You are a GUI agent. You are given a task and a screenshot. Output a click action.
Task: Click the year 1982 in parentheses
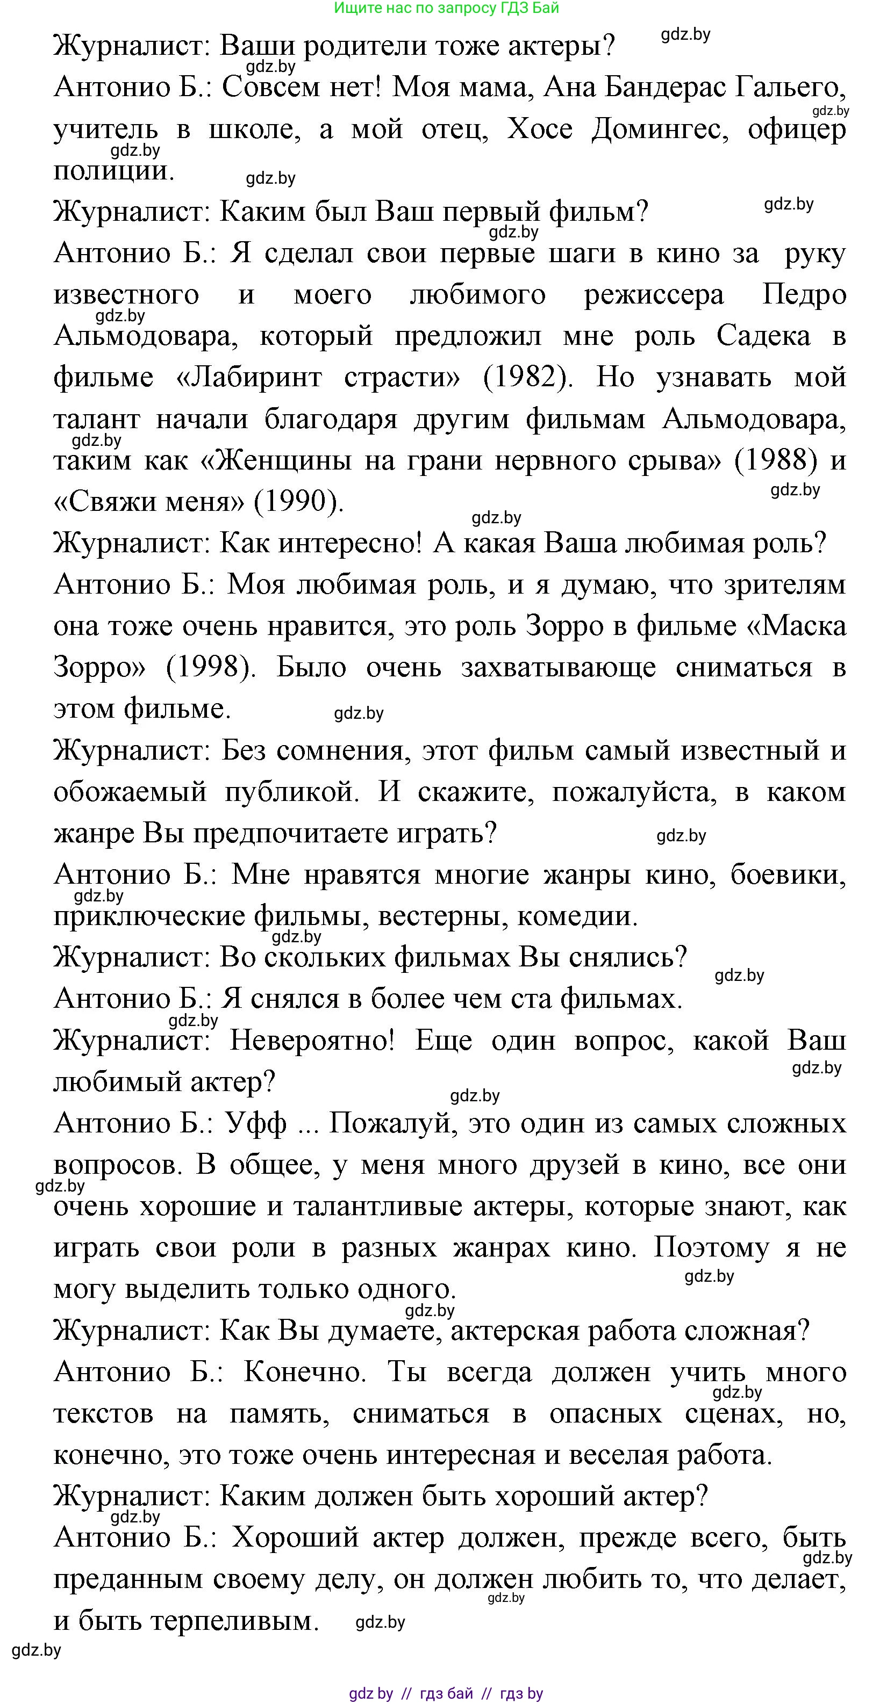pyautogui.click(x=528, y=378)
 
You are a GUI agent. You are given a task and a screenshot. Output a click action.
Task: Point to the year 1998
pyautogui.click(x=210, y=667)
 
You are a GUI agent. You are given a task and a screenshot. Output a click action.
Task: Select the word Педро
pyautogui.click(x=804, y=294)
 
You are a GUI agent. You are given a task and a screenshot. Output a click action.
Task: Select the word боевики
pyautogui.click(x=788, y=875)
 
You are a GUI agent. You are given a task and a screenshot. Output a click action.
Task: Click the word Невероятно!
pyautogui.click(x=312, y=1041)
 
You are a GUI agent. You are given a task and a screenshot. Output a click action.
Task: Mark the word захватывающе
pyautogui.click(x=559, y=667)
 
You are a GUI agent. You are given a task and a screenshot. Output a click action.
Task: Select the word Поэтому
pyautogui.click(x=711, y=1247)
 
